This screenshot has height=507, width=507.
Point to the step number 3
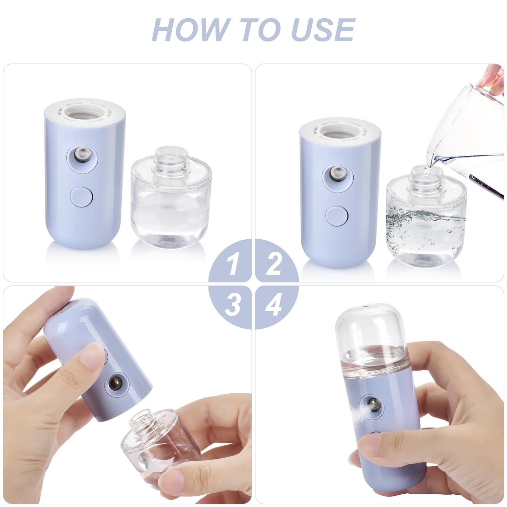[x=232, y=304]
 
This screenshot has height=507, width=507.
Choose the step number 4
[x=274, y=304]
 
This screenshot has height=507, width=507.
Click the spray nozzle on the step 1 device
[x=83, y=155]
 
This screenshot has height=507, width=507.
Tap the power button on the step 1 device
[x=82, y=196]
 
